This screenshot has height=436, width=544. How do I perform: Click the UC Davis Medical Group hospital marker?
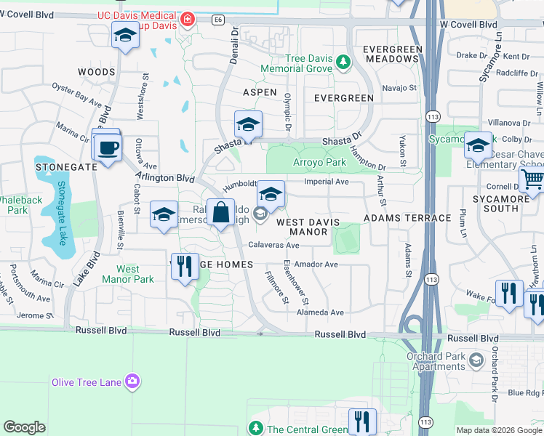(188, 19)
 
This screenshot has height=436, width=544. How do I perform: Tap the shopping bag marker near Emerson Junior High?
(220, 214)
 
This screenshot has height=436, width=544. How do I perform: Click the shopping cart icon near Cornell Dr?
(533, 180)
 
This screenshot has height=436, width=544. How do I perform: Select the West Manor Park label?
(128, 274)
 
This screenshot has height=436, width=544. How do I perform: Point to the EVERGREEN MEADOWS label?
(392, 54)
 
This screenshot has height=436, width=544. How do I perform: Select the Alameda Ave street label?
(321, 312)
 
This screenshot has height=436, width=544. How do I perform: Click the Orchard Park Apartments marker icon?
(476, 360)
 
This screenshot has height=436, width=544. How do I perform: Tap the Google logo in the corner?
(24, 427)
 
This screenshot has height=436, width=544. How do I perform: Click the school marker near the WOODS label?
(125, 35)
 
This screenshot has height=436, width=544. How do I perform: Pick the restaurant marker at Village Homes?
(185, 265)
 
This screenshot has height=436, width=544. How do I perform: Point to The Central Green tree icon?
(255, 429)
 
